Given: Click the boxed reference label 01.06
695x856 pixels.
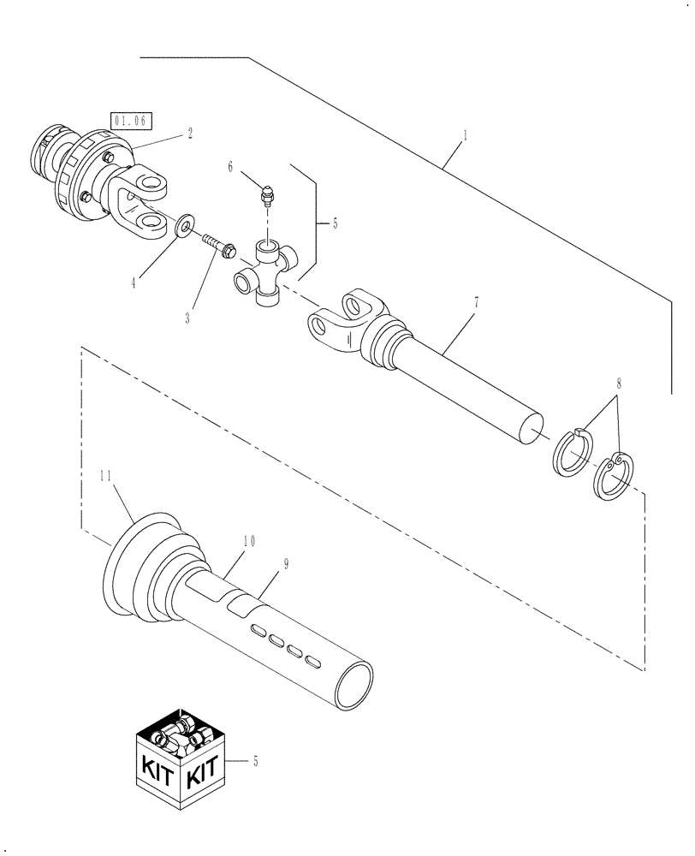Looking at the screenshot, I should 127,121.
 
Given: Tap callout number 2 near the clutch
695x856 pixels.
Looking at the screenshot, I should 189,133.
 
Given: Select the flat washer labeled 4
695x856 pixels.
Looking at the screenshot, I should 182,229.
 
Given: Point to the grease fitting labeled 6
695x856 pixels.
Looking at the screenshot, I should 266,195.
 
